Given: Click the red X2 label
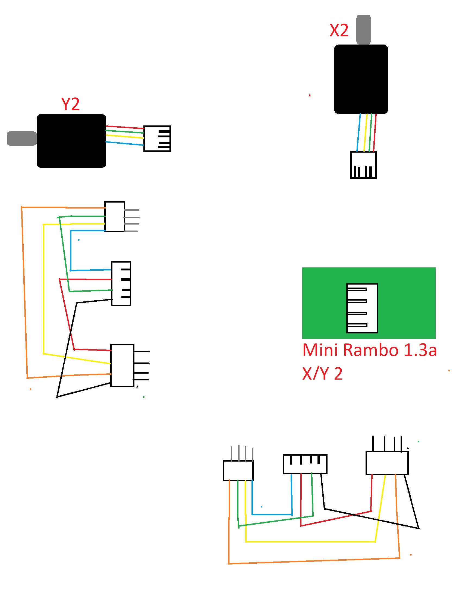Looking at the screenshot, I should coord(339,30).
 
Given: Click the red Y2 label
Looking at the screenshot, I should coord(70,104).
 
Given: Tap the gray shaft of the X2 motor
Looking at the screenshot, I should coord(363,29).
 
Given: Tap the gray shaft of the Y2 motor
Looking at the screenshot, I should coord(21,138).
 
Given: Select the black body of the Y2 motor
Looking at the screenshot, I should coord(71,141).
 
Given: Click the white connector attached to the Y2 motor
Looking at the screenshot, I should coord(157,138).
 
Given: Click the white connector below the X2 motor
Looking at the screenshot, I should coord(363,165).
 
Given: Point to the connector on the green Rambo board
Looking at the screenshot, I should coord(362,308).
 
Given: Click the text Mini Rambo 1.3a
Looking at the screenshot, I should coord(369,350).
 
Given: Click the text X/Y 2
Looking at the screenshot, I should coord(322,374).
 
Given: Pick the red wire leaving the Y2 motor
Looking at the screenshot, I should coord(125,127).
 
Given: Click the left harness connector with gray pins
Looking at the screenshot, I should coord(115,217).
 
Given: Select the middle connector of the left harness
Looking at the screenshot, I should coord(121,283).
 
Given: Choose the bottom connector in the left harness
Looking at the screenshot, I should coord(122,365).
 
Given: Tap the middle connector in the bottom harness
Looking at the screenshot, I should coord(305,464).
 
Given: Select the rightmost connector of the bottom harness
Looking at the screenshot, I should coord(387,463).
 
